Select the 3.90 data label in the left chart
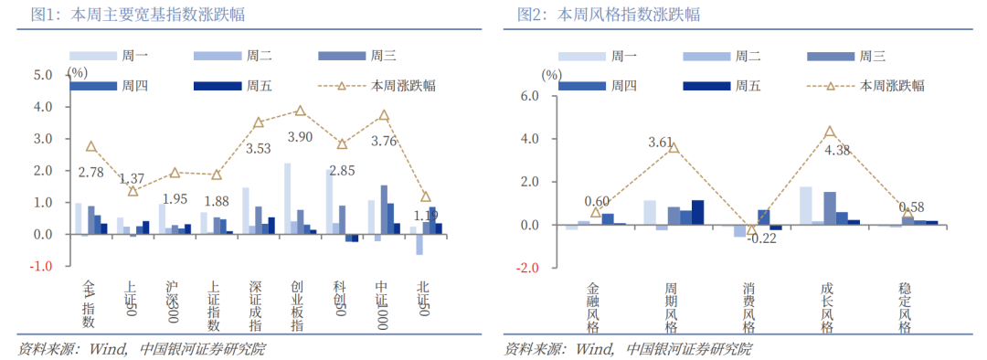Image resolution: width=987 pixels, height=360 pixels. (x=300, y=138)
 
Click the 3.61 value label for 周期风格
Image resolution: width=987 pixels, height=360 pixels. (x=661, y=143)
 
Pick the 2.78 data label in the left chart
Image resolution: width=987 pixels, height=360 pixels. (x=90, y=172)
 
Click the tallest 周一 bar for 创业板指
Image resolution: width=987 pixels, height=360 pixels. (x=288, y=198)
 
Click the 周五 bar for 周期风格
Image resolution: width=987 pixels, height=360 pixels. (x=698, y=212)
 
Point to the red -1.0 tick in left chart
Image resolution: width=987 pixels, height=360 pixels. (x=43, y=267)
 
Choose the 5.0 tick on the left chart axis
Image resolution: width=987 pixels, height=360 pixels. (x=43, y=75)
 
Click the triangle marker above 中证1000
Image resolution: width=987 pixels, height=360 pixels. (x=384, y=116)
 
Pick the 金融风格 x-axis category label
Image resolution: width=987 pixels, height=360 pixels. (x=594, y=307)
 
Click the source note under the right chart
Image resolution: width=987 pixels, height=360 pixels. (x=628, y=349)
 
